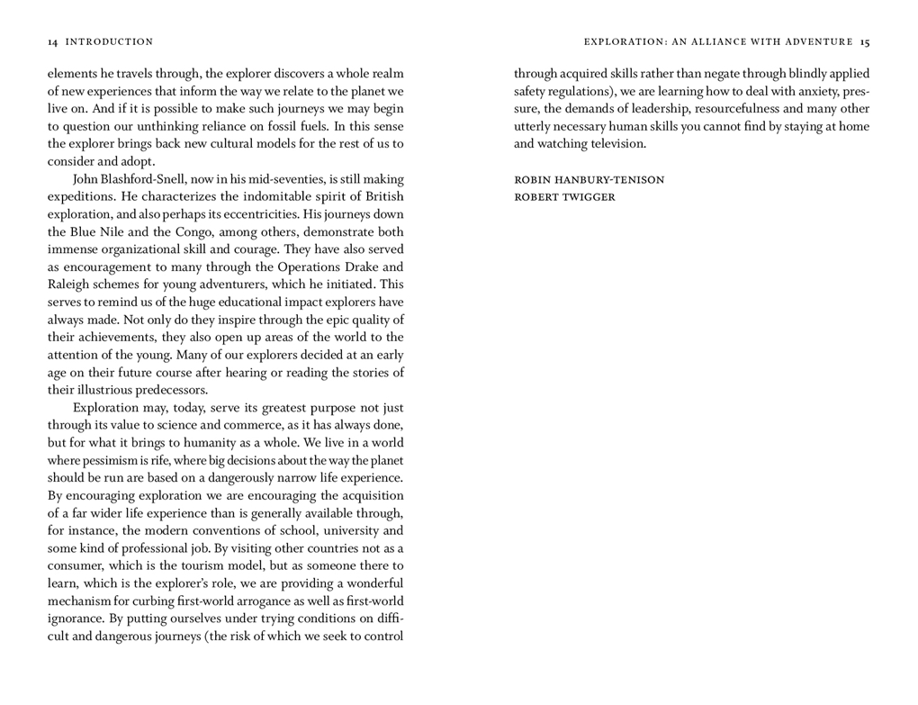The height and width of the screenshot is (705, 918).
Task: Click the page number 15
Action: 865,41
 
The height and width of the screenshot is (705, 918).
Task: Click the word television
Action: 613,144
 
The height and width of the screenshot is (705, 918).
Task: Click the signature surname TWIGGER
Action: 589,197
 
